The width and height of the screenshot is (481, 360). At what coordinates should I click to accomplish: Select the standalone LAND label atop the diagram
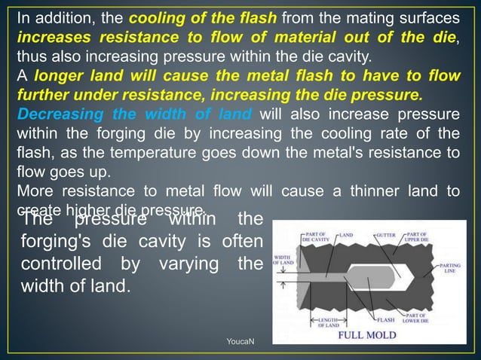(x=346, y=235)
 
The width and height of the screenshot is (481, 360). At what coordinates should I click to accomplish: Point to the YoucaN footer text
(x=240, y=343)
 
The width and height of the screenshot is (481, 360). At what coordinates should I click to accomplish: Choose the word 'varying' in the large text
(x=177, y=266)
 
